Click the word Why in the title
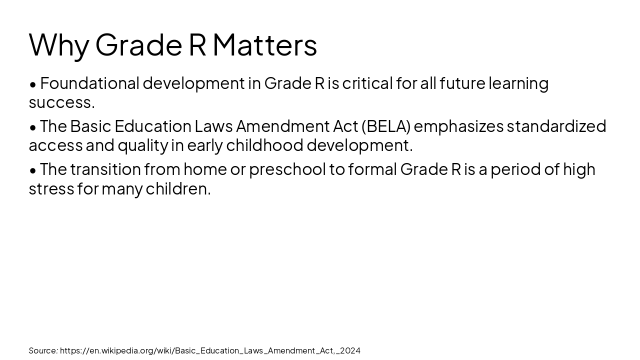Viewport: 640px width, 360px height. point(59,45)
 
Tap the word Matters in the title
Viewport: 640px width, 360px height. point(264,45)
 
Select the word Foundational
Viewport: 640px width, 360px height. point(89,83)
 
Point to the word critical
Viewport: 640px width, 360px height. point(367,83)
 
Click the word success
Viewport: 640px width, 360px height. point(61,102)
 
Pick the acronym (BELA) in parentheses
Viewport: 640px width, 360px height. point(386,126)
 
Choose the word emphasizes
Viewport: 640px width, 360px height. point(458,126)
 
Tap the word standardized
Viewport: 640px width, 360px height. point(556,126)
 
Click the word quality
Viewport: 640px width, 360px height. point(143,145)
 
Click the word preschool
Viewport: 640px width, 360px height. point(287,169)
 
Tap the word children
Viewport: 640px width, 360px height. point(178,189)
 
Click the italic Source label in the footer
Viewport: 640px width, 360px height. point(43,350)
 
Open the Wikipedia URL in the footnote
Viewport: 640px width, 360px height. point(210,350)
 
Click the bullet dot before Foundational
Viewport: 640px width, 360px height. point(33,84)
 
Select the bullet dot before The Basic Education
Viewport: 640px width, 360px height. point(33,127)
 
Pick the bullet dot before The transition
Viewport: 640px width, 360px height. point(33,170)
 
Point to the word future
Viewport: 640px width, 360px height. point(462,83)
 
